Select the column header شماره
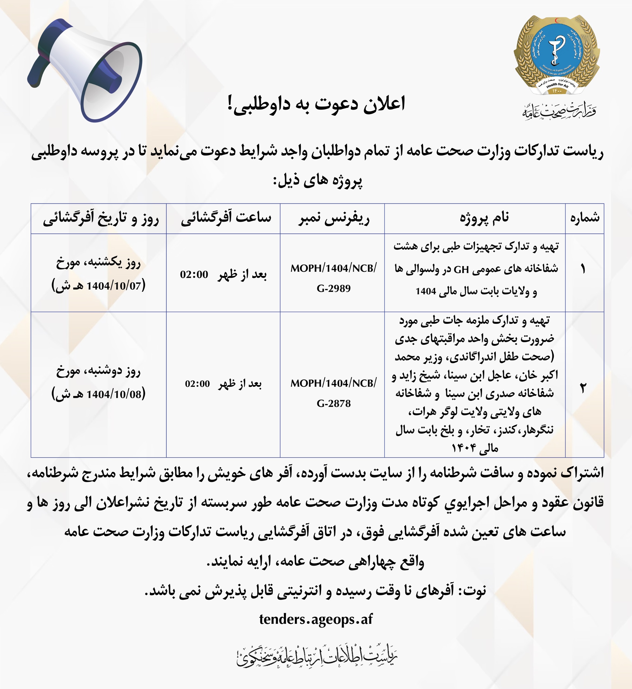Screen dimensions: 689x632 [584, 218]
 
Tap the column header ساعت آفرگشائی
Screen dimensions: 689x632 [226, 218]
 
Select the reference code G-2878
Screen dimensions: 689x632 [333, 403]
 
